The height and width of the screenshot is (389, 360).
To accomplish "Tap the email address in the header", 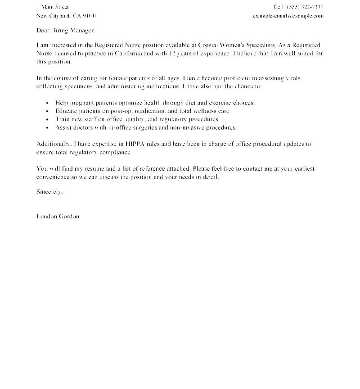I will pyautogui.click(x=288, y=16).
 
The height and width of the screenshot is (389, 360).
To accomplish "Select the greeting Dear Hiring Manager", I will pyautogui.click(x=66, y=31).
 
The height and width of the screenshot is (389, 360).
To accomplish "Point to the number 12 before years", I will pyautogui.click(x=173, y=54).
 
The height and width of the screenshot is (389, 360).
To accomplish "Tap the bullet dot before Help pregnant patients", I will pyautogui.click(x=47, y=104).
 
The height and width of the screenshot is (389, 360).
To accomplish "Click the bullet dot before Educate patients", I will pyautogui.click(x=47, y=112).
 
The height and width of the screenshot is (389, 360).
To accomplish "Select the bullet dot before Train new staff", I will pyautogui.click(x=47, y=120).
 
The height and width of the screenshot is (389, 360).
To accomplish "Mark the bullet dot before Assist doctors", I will pyautogui.click(x=47, y=128).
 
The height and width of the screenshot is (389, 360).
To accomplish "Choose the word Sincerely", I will pyautogui.click(x=49, y=191).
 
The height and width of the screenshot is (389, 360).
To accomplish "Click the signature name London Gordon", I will pyautogui.click(x=58, y=216).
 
